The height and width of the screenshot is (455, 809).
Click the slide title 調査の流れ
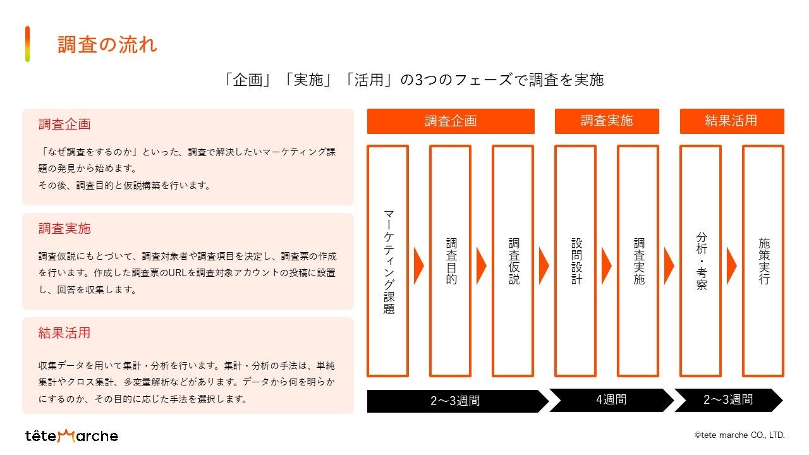[x=107, y=45]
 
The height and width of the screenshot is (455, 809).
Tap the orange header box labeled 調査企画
[x=451, y=121]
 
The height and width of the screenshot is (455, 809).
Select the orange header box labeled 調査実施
[x=607, y=121]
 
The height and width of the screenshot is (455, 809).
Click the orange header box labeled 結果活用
[x=732, y=121]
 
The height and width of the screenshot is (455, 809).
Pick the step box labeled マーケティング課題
[x=388, y=261]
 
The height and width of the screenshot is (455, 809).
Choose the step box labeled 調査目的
[x=451, y=261]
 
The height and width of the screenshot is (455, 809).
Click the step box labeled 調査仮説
[x=513, y=261]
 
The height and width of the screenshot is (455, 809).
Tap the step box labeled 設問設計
[x=576, y=261]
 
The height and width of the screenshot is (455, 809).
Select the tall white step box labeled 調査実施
[x=638, y=261]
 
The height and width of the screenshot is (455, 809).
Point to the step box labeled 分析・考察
[x=701, y=261]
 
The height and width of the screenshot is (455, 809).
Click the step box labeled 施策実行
[x=763, y=261]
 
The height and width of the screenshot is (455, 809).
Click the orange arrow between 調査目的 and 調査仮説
[x=481, y=265]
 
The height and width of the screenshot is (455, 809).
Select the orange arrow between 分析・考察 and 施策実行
[x=731, y=265]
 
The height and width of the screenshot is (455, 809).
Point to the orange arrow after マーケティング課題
[x=418, y=265]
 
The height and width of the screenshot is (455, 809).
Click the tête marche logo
[x=71, y=435]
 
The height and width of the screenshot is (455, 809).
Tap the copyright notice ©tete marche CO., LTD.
[x=739, y=435]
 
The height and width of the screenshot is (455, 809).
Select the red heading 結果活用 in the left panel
[x=64, y=333]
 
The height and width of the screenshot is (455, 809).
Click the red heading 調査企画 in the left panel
[x=64, y=124]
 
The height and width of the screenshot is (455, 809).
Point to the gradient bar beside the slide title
[x=27, y=44]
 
